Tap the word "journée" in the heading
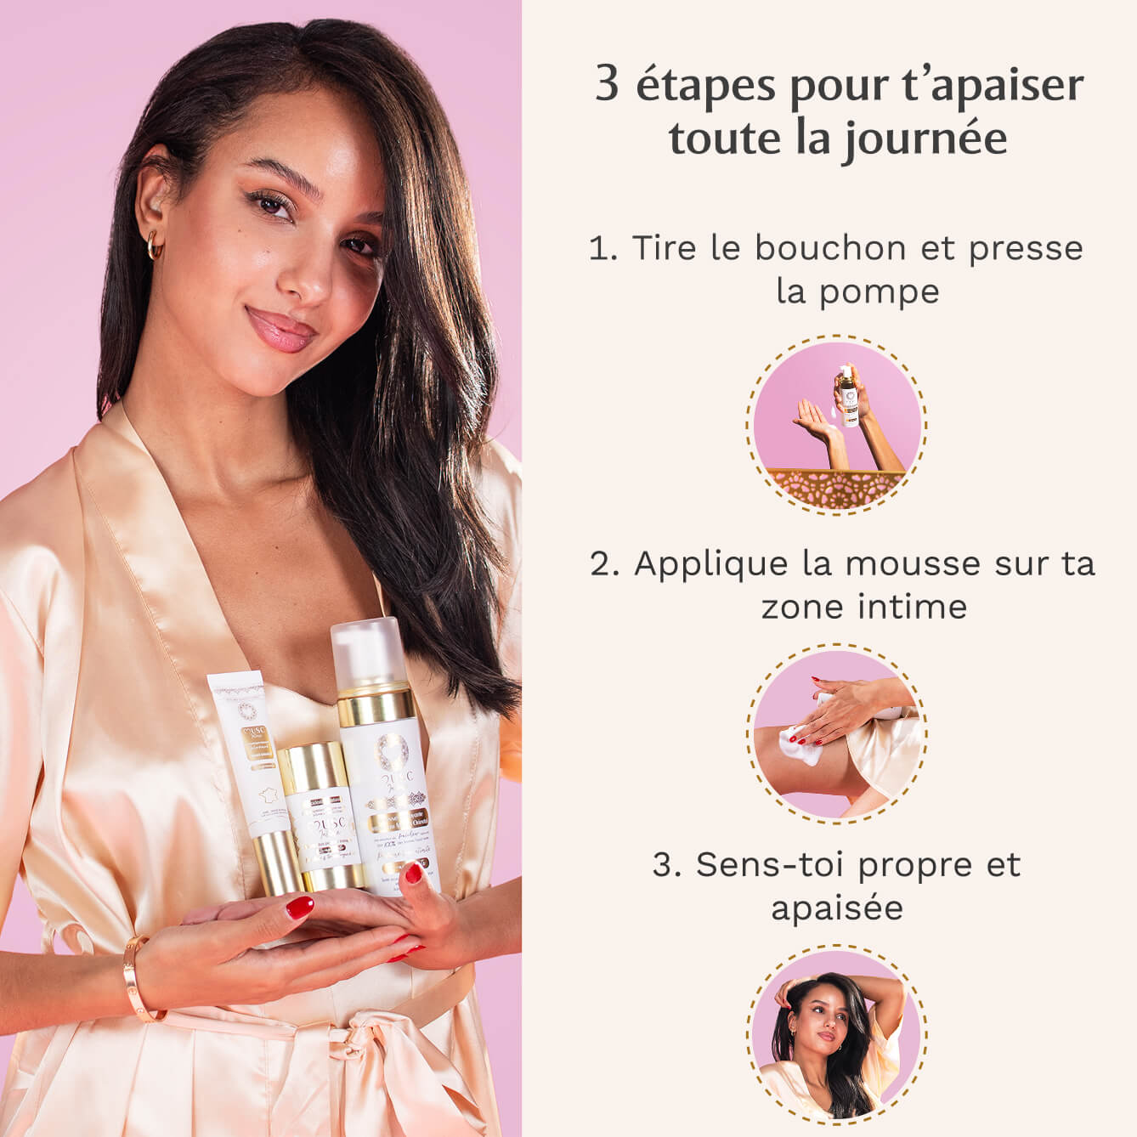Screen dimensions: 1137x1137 (925, 139)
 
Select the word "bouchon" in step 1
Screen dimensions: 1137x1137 (818, 248)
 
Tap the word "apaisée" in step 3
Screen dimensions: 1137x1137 (836, 908)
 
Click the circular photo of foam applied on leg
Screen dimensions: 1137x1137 (837, 733)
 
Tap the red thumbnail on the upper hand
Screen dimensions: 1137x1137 (299, 908)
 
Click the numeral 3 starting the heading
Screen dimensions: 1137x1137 (607, 85)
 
